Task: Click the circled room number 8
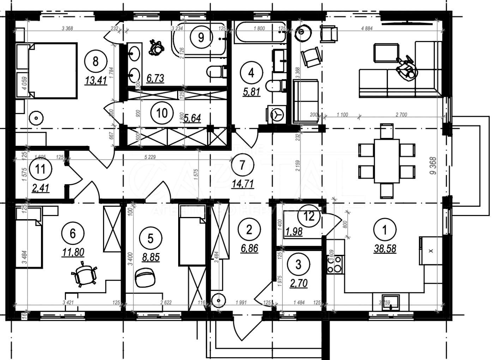(96, 61)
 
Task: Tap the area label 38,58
(385, 249)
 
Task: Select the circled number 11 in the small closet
(41, 169)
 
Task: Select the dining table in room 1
(386, 161)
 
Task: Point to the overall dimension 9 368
(433, 166)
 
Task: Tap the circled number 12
(309, 216)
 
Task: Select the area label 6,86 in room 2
(249, 248)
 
